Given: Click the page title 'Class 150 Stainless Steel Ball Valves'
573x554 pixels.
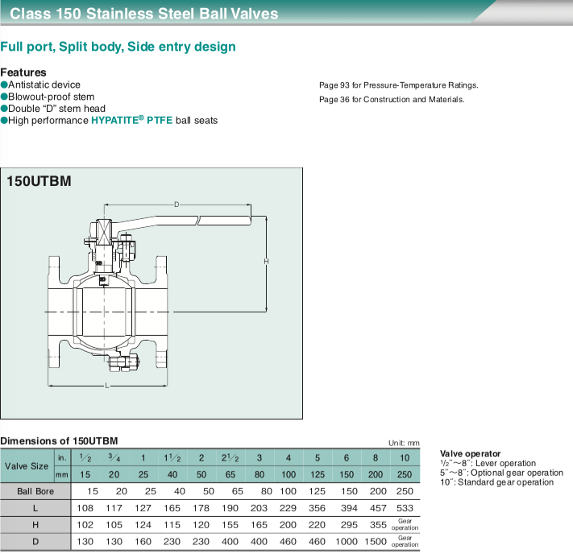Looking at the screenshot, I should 144,14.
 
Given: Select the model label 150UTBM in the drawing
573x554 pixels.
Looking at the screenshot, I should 39,181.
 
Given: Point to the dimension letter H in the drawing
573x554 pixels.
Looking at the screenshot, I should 266,262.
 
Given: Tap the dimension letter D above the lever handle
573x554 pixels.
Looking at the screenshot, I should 176,205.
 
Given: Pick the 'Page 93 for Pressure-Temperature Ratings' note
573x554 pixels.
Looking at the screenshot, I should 399,85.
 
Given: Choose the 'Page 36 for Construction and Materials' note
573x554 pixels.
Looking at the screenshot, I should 392,100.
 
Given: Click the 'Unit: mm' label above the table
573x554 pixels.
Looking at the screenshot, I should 404,443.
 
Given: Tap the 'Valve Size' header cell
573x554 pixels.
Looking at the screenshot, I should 27,465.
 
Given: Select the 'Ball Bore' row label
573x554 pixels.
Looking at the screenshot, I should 35,491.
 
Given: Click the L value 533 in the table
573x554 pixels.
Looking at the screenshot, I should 405,509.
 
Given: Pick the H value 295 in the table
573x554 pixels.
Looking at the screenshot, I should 346,526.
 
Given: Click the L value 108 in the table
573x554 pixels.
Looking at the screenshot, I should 85,509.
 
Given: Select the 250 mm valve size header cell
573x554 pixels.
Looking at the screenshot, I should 405,473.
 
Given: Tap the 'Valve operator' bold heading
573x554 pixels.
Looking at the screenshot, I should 470,453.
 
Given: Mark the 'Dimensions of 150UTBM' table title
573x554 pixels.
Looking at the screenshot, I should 60,440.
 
